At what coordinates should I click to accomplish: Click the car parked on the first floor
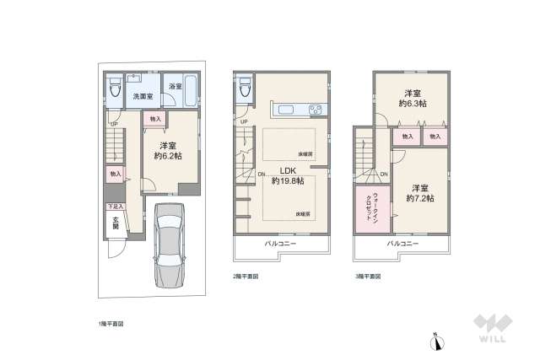175,247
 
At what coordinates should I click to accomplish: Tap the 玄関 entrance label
114,222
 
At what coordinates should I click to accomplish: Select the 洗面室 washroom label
140,97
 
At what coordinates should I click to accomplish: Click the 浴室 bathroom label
175,88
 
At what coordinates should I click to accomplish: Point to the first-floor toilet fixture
112,89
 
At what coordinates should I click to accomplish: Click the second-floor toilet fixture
245,87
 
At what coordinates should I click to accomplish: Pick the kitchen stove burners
316,110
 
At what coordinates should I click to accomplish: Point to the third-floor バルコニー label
402,243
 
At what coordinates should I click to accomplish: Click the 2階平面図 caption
246,276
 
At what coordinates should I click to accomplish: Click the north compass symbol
436,342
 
